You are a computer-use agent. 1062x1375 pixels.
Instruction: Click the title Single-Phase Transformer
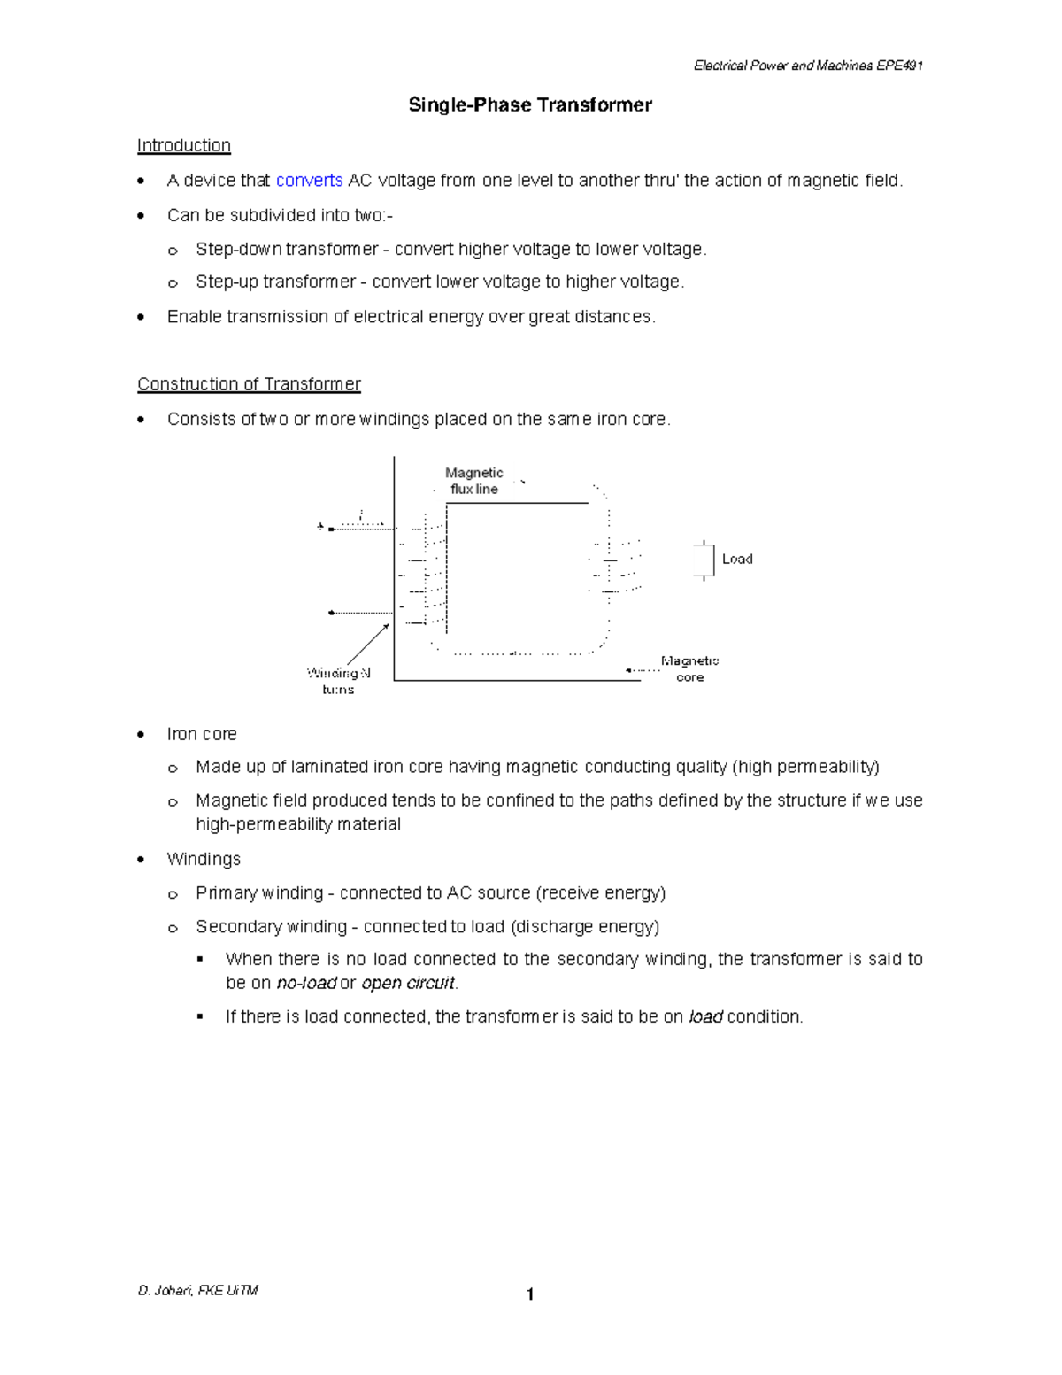tap(530, 105)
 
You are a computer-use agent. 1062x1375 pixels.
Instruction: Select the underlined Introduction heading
tap(183, 145)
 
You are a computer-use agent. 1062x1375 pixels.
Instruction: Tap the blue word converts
tap(309, 181)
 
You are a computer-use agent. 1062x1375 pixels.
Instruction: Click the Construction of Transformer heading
tap(249, 384)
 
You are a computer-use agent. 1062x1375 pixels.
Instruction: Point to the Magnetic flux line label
tap(474, 481)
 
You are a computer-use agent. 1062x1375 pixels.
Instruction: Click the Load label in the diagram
tap(736, 560)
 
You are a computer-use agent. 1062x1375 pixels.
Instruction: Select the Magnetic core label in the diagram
tap(689, 669)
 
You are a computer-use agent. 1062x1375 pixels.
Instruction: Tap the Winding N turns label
tap(338, 681)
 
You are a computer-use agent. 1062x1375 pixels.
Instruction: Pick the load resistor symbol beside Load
tap(704, 560)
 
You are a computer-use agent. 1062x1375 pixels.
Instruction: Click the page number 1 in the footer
tap(530, 1295)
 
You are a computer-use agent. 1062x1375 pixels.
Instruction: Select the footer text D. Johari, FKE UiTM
tap(197, 1291)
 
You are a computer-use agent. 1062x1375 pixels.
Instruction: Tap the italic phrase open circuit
tap(408, 984)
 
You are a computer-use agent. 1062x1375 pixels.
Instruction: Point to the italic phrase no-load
tap(306, 984)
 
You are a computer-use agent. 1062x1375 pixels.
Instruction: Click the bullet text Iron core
tap(202, 734)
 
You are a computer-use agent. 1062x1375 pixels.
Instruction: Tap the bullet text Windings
tap(204, 860)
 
